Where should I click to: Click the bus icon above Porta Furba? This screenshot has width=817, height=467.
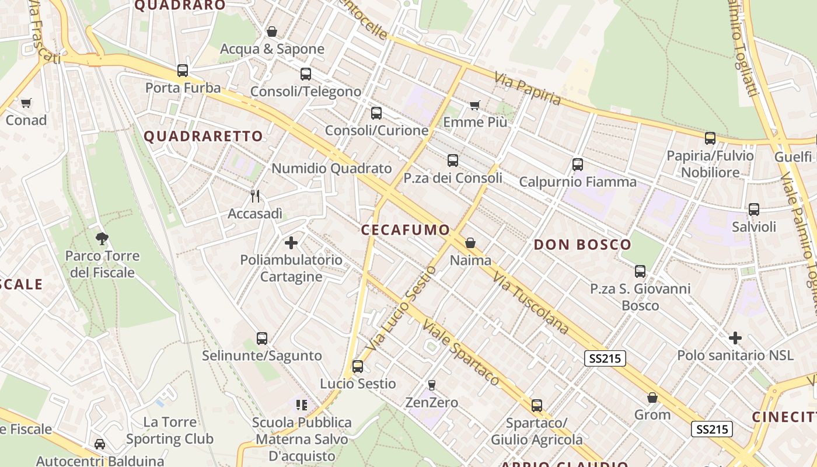point(183,71)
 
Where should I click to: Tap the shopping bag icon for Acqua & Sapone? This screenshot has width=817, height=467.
point(272,32)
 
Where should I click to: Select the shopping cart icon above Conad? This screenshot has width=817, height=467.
point(26,103)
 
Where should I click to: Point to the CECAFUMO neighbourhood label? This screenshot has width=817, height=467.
point(406,230)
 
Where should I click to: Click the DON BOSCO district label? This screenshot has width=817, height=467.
point(582,245)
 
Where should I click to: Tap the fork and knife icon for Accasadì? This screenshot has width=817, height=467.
point(255,196)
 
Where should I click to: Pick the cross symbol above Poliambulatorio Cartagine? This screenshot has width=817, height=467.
point(291,243)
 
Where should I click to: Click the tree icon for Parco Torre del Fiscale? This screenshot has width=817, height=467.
point(102,238)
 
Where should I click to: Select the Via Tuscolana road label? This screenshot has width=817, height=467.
point(530,302)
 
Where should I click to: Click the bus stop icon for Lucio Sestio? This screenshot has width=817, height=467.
point(357,367)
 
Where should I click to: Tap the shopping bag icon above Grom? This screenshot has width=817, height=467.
point(652,398)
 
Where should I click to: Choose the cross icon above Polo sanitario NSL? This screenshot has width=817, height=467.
point(735,338)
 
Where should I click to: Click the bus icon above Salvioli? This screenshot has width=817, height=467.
point(754,210)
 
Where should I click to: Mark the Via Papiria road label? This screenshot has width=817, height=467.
point(528,88)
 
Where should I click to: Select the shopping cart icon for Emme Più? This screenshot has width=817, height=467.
point(475,106)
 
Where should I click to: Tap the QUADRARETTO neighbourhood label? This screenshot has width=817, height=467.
point(203,137)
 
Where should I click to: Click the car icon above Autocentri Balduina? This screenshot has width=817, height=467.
point(100,444)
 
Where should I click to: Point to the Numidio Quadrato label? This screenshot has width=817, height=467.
point(331,169)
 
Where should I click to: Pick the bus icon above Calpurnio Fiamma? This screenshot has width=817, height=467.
point(578,165)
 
